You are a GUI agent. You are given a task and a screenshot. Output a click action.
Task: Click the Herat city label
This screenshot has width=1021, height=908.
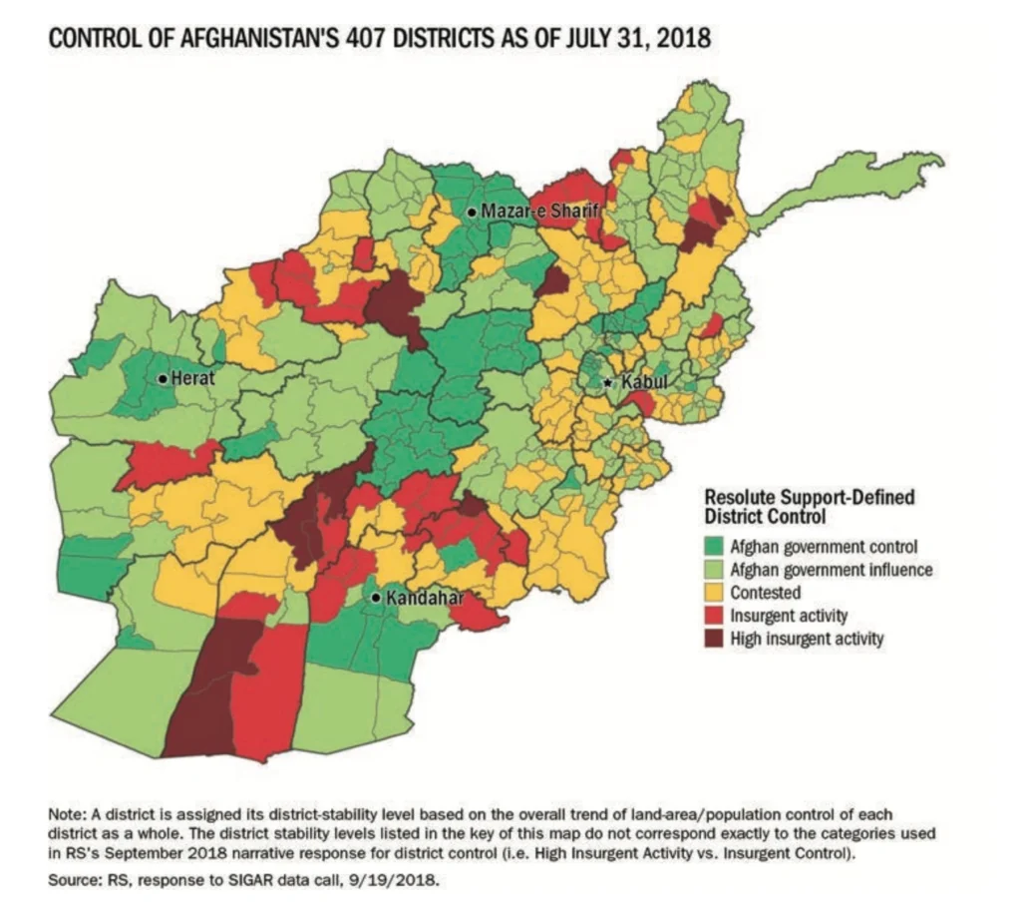coord(193,379)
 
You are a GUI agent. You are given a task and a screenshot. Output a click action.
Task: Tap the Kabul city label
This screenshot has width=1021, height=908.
coord(644,382)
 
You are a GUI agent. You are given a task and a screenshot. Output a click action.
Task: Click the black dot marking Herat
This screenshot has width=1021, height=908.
coord(162,379)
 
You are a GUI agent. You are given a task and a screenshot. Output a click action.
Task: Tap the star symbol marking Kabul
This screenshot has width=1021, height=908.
coord(609,383)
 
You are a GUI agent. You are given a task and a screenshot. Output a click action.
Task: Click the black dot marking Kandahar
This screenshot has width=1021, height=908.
coord(375,598)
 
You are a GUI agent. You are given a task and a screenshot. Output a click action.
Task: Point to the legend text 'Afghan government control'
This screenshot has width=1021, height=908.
coord(824,547)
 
